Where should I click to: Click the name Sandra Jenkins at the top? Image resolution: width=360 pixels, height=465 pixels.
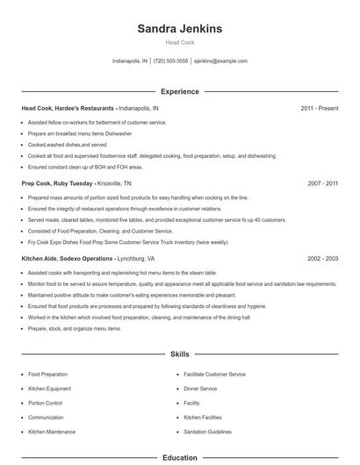(180, 28)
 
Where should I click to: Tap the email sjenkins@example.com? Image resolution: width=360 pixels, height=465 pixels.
(220, 61)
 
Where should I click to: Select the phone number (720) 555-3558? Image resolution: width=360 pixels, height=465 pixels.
(170, 61)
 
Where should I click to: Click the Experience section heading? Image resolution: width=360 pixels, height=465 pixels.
(180, 91)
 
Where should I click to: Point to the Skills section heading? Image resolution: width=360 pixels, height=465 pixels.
(180, 354)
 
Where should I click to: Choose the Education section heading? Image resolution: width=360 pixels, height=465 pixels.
(180, 457)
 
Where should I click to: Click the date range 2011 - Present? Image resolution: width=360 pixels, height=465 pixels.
(319, 108)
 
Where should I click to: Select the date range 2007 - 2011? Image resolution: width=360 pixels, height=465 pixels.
(322, 183)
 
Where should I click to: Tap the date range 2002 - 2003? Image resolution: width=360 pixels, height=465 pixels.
(322, 259)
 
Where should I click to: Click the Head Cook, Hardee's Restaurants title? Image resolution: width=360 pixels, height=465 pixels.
(67, 108)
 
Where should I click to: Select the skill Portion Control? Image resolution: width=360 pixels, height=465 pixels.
(47, 403)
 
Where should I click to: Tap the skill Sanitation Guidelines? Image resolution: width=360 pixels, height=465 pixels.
(208, 432)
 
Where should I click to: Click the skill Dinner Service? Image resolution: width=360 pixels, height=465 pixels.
(200, 389)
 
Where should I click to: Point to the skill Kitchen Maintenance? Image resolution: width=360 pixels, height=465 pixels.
(52, 432)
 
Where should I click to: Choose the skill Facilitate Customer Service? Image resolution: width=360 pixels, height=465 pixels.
(214, 374)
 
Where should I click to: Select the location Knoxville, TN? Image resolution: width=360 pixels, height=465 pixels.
(115, 183)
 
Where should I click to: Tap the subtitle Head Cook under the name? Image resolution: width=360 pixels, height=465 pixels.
(180, 42)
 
